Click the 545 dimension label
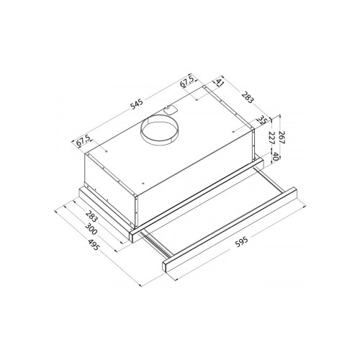[x=136, y=104]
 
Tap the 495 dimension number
[x=93, y=245]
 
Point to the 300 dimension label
[x=91, y=229]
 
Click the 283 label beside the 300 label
[x=92, y=216]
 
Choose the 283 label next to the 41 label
[x=248, y=97]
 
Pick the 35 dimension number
[x=262, y=120]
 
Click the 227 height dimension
[x=271, y=138]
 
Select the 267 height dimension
[x=282, y=138]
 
